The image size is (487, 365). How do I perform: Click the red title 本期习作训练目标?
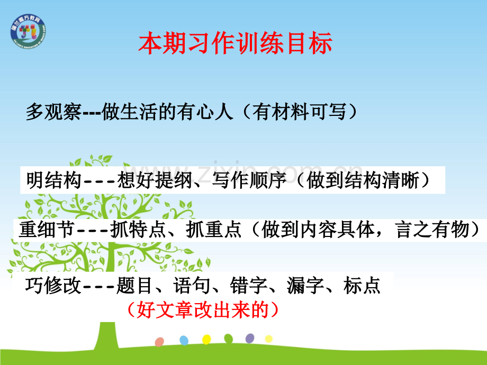pyautogui.click(x=235, y=44)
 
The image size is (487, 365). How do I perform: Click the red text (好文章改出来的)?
pyautogui.click(x=203, y=309)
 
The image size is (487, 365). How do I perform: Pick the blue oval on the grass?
pyautogui.click(x=184, y=340)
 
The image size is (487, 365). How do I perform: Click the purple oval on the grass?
pyautogui.click(x=250, y=338)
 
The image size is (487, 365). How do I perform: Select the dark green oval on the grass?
pyautogui.click(x=228, y=339)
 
